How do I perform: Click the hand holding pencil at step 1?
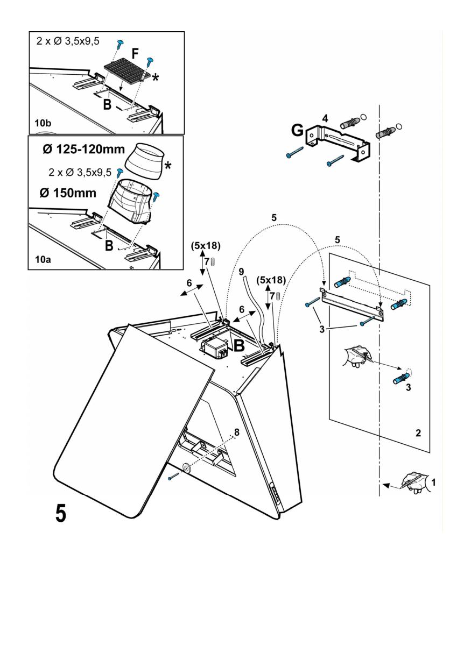point(413,481)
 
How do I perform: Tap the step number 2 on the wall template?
point(418,432)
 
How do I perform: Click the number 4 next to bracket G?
point(325,117)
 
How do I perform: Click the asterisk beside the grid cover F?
point(156,78)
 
